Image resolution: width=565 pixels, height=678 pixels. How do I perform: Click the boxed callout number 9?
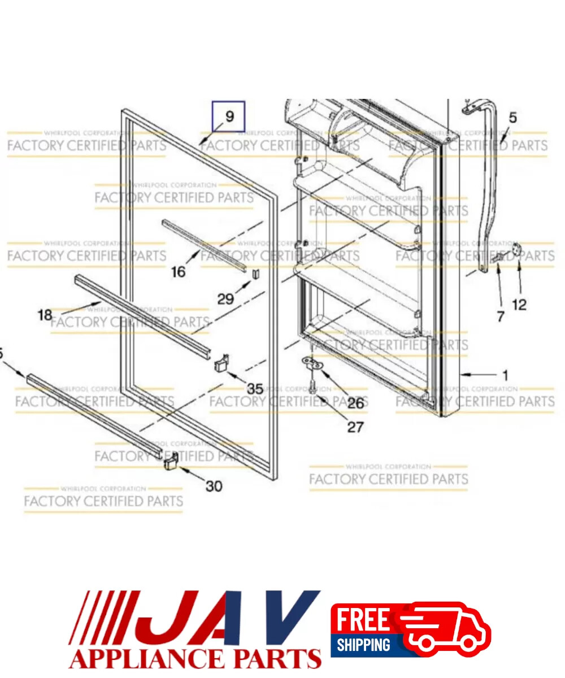pyautogui.click(x=229, y=116)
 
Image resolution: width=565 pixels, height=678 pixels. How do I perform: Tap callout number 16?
pyautogui.click(x=178, y=272)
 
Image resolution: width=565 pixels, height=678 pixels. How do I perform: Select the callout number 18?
pyautogui.click(x=45, y=315)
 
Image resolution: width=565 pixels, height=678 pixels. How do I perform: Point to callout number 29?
pyautogui.click(x=225, y=298)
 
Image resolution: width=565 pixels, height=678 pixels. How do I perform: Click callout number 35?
pyautogui.click(x=255, y=389)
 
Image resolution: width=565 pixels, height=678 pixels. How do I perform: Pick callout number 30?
pyautogui.click(x=214, y=485)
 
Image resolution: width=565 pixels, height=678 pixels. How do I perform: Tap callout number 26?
pyautogui.click(x=355, y=403)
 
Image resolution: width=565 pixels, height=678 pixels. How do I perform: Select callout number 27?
pyautogui.click(x=355, y=427)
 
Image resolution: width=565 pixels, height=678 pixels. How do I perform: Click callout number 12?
pyautogui.click(x=519, y=305)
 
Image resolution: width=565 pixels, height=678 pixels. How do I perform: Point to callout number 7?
pyautogui.click(x=500, y=316)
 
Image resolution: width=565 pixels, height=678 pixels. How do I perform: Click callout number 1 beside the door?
pyautogui.click(x=505, y=375)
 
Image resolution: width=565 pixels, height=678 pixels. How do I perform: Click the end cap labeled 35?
pyautogui.click(x=221, y=362)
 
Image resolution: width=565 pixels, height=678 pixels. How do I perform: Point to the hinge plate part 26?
pyautogui.click(x=312, y=362)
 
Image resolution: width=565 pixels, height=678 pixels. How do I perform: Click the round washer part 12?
pyautogui.click(x=516, y=249)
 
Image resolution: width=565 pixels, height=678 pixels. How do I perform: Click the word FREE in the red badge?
pyautogui.click(x=363, y=620)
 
